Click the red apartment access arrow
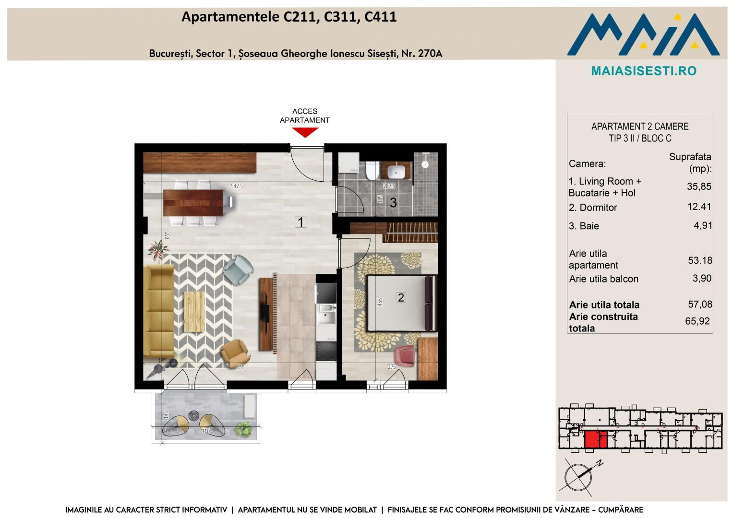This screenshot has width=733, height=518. coord(305,132)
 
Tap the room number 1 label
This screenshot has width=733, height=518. coord(300,222)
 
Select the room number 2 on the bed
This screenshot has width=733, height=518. coord(400,297)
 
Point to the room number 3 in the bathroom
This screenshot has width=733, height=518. coord(393,203)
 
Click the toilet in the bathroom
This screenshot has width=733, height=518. coord(372,170)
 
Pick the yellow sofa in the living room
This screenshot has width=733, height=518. coord(159,311)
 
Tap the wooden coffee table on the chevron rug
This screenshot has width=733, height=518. coord(194,312)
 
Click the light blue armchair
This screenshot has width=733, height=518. coord(239,270)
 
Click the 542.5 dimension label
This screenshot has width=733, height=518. coord(237,186)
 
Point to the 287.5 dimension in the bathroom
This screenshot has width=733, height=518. coord(389,186)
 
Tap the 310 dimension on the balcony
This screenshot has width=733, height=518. coord(205,431)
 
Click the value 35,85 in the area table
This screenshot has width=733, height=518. coord(699,187)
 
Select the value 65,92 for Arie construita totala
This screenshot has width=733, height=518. coord(697,321)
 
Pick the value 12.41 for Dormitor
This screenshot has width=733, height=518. coord(699,207)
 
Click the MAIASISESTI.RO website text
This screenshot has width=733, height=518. coord(644,71)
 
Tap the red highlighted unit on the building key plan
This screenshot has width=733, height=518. coord(596,439)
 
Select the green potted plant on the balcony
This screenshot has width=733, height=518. coord(243,429)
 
